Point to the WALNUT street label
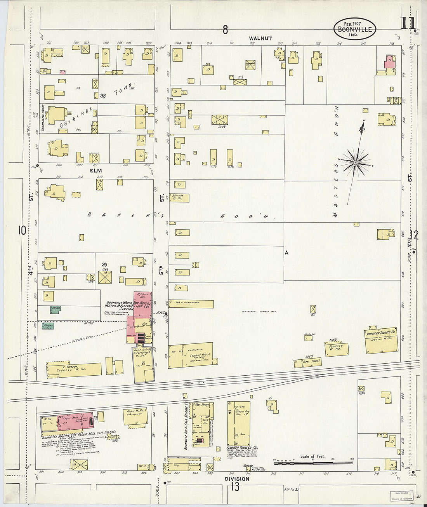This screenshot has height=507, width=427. point(260,38)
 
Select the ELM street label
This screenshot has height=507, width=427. point(95,171)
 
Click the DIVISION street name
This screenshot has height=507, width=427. point(237,479)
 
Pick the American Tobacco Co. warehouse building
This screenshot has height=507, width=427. point(382,340)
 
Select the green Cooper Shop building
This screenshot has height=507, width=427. point(48,326)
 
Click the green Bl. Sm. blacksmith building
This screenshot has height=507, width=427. point(56,309)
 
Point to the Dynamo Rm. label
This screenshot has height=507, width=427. point(143,296)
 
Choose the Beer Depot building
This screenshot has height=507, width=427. point(307,362)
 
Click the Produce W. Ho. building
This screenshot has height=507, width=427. point(337,348)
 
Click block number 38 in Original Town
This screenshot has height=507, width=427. point(103,96)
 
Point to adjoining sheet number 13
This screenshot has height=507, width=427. point(235,487)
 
